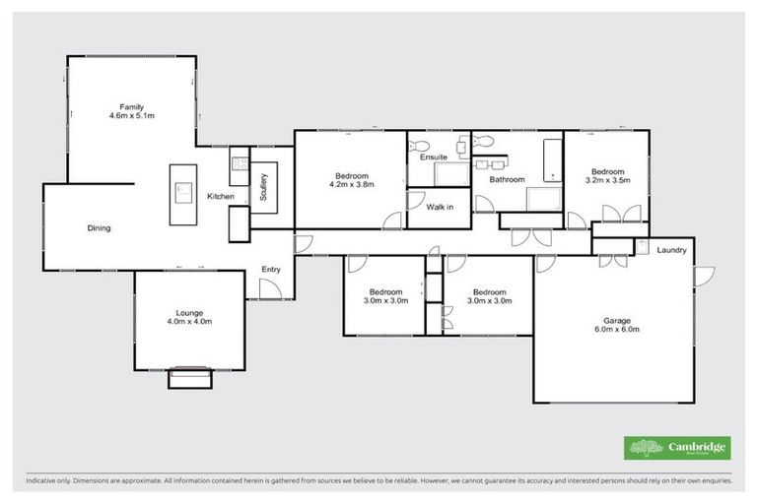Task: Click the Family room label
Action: (132, 106)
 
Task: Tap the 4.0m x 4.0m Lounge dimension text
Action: (188, 322)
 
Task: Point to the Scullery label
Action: (264, 187)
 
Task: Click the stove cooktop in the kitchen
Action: (237, 165)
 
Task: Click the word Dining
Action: (99, 228)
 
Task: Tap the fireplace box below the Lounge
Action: (189, 376)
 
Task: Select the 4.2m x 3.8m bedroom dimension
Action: (351, 183)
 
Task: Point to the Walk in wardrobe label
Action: (439, 207)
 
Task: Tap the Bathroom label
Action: (507, 179)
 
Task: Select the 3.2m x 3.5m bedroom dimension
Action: (605, 180)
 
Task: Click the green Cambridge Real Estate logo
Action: (677, 448)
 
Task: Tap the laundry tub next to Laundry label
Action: (641, 243)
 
